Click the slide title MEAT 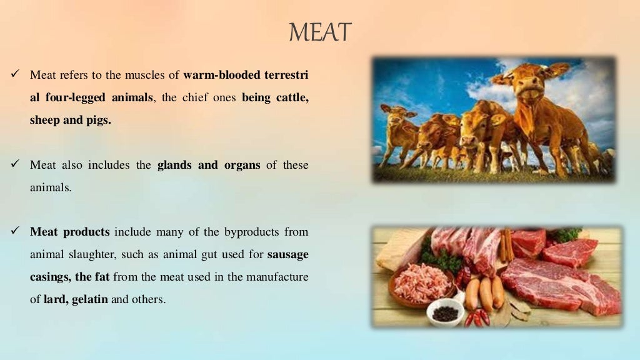(320, 32)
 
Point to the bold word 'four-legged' (71, 97)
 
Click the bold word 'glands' (176, 165)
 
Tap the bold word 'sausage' (287, 254)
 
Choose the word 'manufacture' (267, 277)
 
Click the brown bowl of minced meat (421, 284)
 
